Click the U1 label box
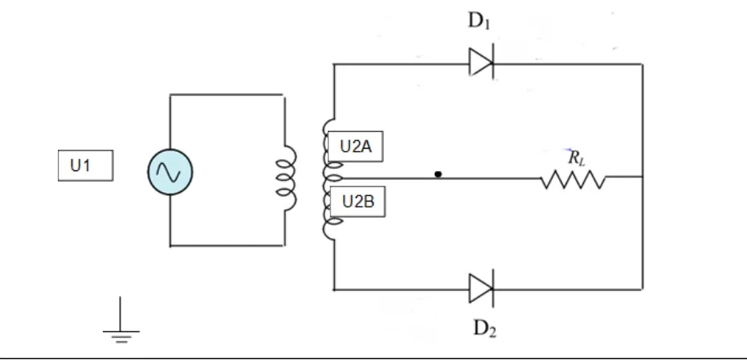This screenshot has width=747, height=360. coord(86,166)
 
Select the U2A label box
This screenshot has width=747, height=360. coord(355,146)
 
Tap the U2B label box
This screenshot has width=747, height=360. coord(357,202)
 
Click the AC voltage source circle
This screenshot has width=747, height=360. coord(170,172)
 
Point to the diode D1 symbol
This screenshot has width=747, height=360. coord(481,63)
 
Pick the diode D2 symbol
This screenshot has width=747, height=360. coord(481,288)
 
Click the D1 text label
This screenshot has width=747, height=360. coord(480,21)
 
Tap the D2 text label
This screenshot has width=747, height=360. coord(484,329)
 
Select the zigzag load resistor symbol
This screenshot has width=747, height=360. coord(574,180)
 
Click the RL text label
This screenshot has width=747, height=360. coord(577,157)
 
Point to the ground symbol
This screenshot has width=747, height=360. coord(121,320)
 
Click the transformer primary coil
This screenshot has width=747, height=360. coord(287,178)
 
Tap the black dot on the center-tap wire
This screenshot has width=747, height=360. coord(439,174)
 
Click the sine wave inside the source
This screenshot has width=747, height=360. coord(170,172)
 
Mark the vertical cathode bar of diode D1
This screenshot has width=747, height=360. coord(492,63)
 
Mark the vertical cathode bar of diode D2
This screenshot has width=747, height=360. coord(492,288)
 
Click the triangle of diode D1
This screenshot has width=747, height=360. coord(480,63)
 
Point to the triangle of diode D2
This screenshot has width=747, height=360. coord(480,288)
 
